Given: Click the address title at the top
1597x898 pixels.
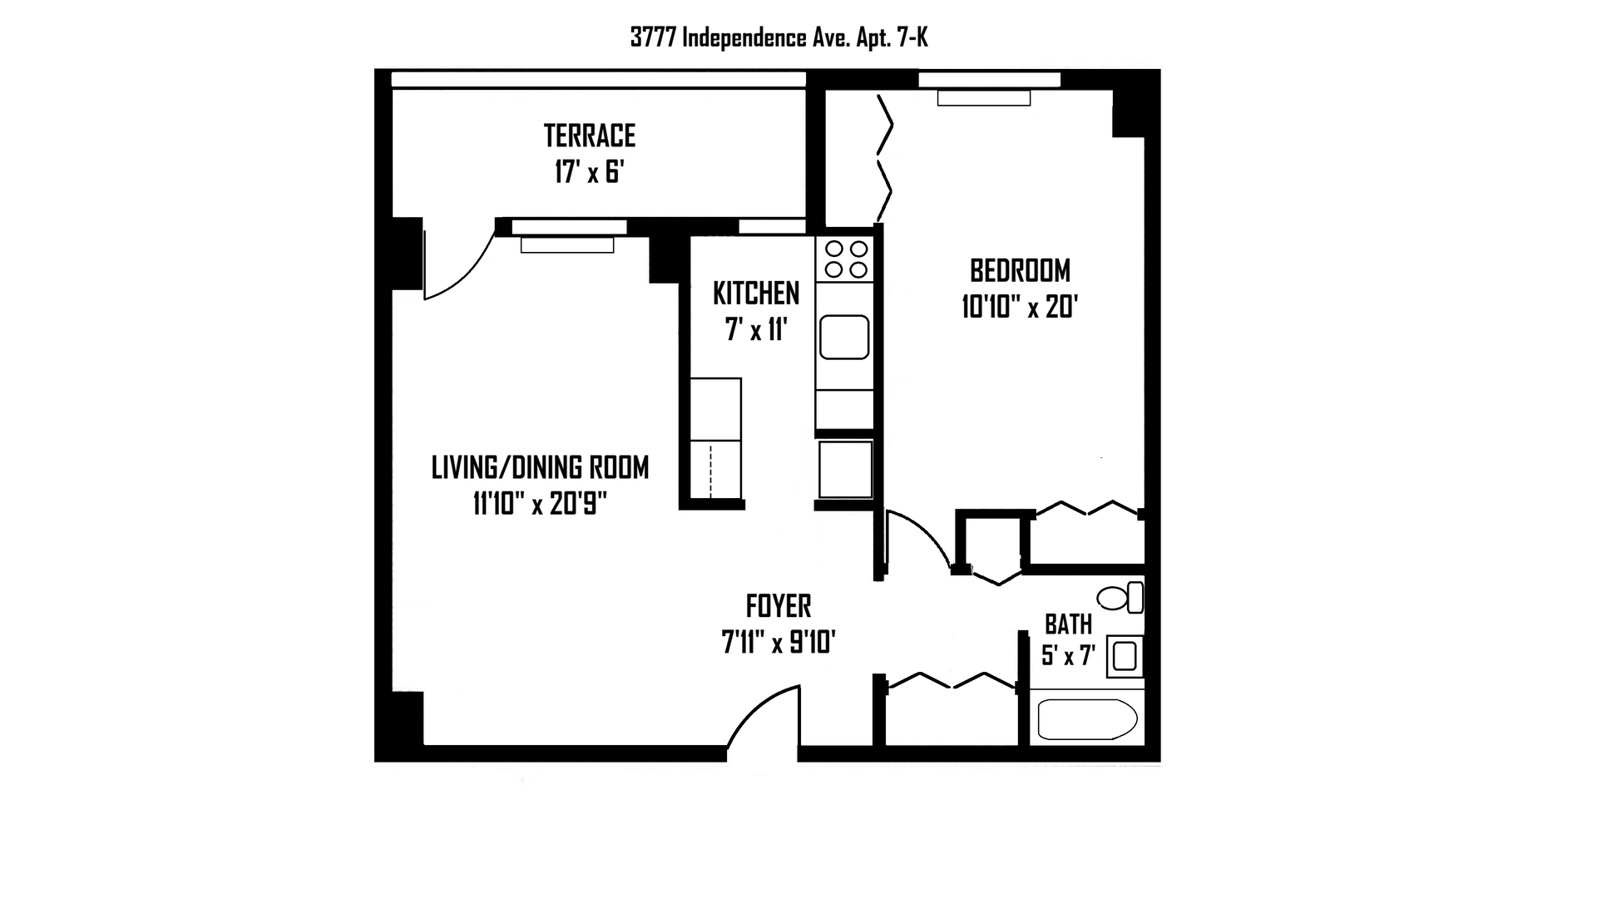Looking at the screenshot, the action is (x=779, y=37).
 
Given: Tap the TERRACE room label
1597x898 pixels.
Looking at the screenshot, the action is (x=590, y=135).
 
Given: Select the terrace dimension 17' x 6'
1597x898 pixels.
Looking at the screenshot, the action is (x=590, y=172).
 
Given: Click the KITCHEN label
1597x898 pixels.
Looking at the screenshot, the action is (x=756, y=293).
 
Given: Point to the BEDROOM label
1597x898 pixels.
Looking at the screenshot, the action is (x=1021, y=270).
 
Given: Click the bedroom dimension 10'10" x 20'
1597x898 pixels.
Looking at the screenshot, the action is (x=1021, y=308).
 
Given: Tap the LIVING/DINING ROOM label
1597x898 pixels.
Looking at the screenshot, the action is (x=540, y=467).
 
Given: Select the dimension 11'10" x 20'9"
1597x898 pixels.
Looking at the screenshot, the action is (x=540, y=504).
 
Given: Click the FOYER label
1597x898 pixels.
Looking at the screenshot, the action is (x=779, y=606).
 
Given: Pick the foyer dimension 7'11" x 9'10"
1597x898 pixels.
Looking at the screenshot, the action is (x=779, y=642).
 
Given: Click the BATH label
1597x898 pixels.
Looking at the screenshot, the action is (x=1069, y=624).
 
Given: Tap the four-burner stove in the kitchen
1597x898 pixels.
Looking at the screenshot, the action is (x=845, y=259).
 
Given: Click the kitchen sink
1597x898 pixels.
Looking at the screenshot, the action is (x=844, y=337).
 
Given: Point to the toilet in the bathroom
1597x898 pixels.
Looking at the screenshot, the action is (x=1120, y=598).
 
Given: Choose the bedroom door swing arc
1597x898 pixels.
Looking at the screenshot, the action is (x=925, y=530).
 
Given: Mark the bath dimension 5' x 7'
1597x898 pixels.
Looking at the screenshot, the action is (x=1069, y=656).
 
